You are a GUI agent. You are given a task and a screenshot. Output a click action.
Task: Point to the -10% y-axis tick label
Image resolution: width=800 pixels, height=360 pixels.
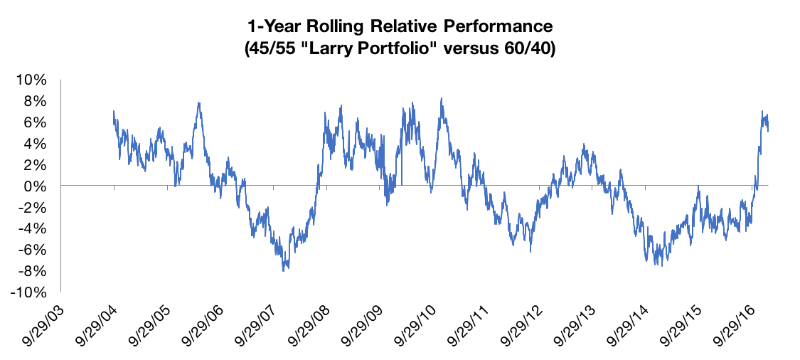click(31, 292)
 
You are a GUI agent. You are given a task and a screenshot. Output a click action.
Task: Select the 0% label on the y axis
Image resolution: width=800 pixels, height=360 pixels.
click(36, 186)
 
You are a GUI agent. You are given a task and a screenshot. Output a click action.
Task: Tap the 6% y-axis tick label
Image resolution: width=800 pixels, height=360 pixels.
click(36, 122)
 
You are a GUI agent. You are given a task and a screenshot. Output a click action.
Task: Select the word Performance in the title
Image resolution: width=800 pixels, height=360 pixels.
click(496, 28)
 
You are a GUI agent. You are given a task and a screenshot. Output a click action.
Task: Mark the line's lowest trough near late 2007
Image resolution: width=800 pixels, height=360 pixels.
click(284, 270)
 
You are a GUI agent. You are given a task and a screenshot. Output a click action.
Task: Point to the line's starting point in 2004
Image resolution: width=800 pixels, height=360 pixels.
click(114, 111)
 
